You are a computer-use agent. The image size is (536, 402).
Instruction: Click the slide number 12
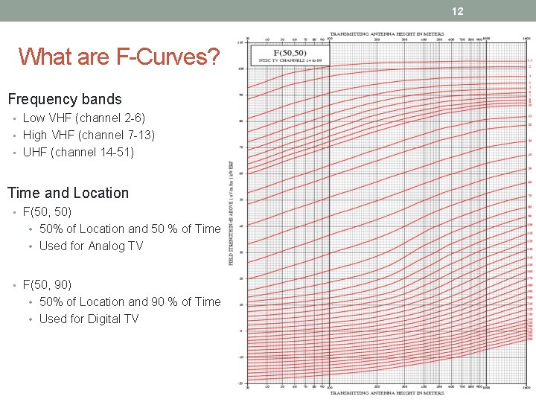[457, 11]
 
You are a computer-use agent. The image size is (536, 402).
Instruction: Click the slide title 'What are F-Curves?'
[119, 57]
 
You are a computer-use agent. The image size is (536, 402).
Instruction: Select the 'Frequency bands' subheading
[65, 99]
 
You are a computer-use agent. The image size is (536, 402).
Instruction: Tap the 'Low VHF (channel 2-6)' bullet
[84, 118]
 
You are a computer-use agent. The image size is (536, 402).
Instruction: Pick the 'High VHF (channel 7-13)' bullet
[89, 135]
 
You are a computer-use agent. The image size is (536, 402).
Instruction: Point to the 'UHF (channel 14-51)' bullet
[78, 152]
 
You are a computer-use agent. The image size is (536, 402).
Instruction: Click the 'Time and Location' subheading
[68, 193]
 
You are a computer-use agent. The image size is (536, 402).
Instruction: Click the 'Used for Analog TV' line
[91, 246]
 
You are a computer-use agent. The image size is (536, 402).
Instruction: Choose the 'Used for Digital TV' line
[89, 319]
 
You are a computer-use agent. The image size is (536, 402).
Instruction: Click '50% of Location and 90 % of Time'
[130, 301]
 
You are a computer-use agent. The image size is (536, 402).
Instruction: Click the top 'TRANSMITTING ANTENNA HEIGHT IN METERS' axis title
[386, 34]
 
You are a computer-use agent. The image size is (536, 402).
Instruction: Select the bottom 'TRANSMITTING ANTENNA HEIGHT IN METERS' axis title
[386, 393]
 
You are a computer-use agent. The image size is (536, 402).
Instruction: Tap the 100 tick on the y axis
[240, 69]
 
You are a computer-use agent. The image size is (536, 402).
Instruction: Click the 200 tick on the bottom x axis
[377, 387]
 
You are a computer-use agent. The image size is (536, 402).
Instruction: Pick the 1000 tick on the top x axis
[485, 39]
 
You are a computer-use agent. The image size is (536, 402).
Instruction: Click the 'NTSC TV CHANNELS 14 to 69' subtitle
[289, 60]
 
